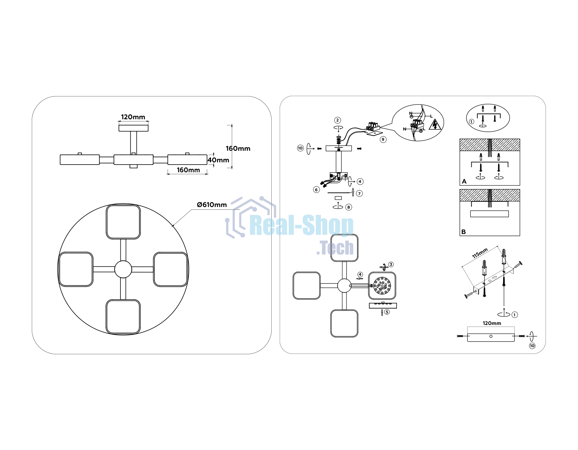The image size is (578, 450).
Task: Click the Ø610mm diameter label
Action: pyautogui.click(x=212, y=205)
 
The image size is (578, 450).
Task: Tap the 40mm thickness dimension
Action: pyautogui.click(x=219, y=160)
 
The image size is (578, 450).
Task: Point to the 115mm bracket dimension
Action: pyautogui.click(x=480, y=253)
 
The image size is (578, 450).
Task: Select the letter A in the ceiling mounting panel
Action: pyautogui.click(x=464, y=182)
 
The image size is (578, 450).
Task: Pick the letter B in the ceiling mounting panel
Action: pyautogui.click(x=463, y=232)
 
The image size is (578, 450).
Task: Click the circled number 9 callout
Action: pyautogui.click(x=383, y=139)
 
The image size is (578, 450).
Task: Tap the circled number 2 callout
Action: pyautogui.click(x=337, y=120)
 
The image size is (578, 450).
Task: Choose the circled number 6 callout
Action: pyautogui.click(x=316, y=190)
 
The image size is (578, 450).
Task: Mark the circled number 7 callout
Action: pyautogui.click(x=360, y=194)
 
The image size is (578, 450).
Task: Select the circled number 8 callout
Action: pyautogui.click(x=349, y=207)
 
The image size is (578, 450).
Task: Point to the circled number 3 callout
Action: pyautogui.click(x=391, y=265)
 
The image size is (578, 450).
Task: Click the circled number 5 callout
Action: pyautogui.click(x=387, y=312)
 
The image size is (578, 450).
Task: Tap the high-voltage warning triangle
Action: pyautogui.click(x=435, y=124)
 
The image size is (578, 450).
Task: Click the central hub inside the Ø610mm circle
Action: pyautogui.click(x=123, y=269)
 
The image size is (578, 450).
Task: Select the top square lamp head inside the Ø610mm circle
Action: pyautogui.click(x=123, y=222)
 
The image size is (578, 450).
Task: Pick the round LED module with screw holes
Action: pyautogui.click(x=382, y=285)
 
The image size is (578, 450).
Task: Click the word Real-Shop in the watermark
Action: pyautogui.click(x=302, y=225)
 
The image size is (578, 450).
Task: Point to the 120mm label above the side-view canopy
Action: pyautogui.click(x=133, y=117)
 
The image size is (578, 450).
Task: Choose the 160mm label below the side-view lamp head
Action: pyautogui.click(x=188, y=170)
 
